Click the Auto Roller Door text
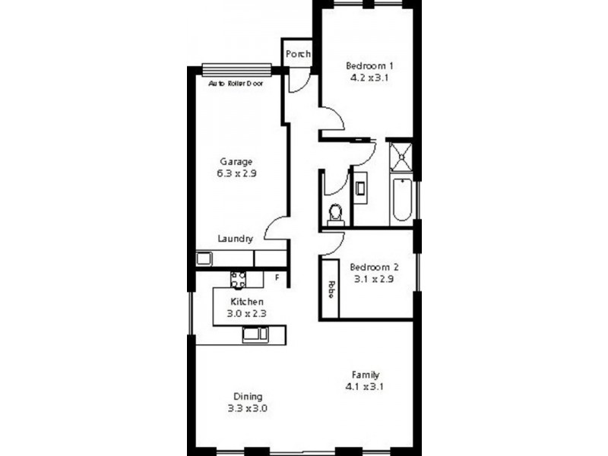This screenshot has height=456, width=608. pos(236,84)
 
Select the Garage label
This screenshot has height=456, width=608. pos(236,162)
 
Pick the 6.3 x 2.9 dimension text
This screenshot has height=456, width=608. pos(236,174)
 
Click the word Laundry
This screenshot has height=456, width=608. pos(235,239)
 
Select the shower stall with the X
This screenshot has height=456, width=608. pos(401,157)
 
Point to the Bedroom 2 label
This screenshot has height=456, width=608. pos(374,268)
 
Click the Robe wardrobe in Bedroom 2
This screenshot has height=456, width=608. pos(331,289)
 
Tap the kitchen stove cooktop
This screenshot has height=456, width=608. pos(239,280)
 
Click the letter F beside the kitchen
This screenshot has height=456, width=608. pos(277,278)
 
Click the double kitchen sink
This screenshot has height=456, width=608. pos(255,334)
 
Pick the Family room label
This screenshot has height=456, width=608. pos(366,375)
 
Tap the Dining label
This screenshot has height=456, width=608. pos(248,396)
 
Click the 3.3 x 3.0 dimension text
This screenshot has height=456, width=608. pos(248,408)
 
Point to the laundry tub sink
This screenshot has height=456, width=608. pos(204,258)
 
